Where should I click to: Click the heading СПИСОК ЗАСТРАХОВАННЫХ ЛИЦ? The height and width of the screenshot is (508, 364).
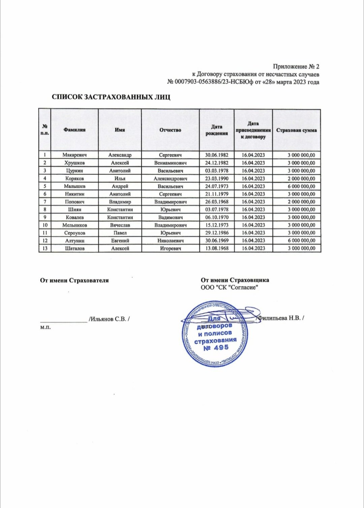(111, 97)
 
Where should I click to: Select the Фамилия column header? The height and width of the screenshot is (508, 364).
(74, 130)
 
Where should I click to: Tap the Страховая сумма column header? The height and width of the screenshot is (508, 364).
(296, 130)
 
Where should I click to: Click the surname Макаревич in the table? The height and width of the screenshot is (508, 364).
(74, 155)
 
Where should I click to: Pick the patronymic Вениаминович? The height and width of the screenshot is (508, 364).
(170, 163)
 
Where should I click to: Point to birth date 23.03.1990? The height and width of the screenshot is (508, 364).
(217, 178)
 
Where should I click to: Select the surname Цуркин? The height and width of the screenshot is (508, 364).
(74, 171)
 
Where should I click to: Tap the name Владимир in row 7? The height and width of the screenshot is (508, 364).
(120, 202)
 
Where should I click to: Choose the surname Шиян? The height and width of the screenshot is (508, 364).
(74, 209)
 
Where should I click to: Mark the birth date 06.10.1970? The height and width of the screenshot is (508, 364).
(217, 217)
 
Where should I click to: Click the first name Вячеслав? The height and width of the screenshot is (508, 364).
(120, 225)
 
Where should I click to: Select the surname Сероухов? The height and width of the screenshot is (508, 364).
(74, 233)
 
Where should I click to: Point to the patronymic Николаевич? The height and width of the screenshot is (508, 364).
(170, 241)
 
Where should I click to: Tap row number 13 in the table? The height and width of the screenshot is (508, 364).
(45, 248)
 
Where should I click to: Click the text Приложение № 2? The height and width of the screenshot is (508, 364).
(296, 66)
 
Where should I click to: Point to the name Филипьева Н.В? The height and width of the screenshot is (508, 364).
(280, 318)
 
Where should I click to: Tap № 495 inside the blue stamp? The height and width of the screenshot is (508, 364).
(216, 347)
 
